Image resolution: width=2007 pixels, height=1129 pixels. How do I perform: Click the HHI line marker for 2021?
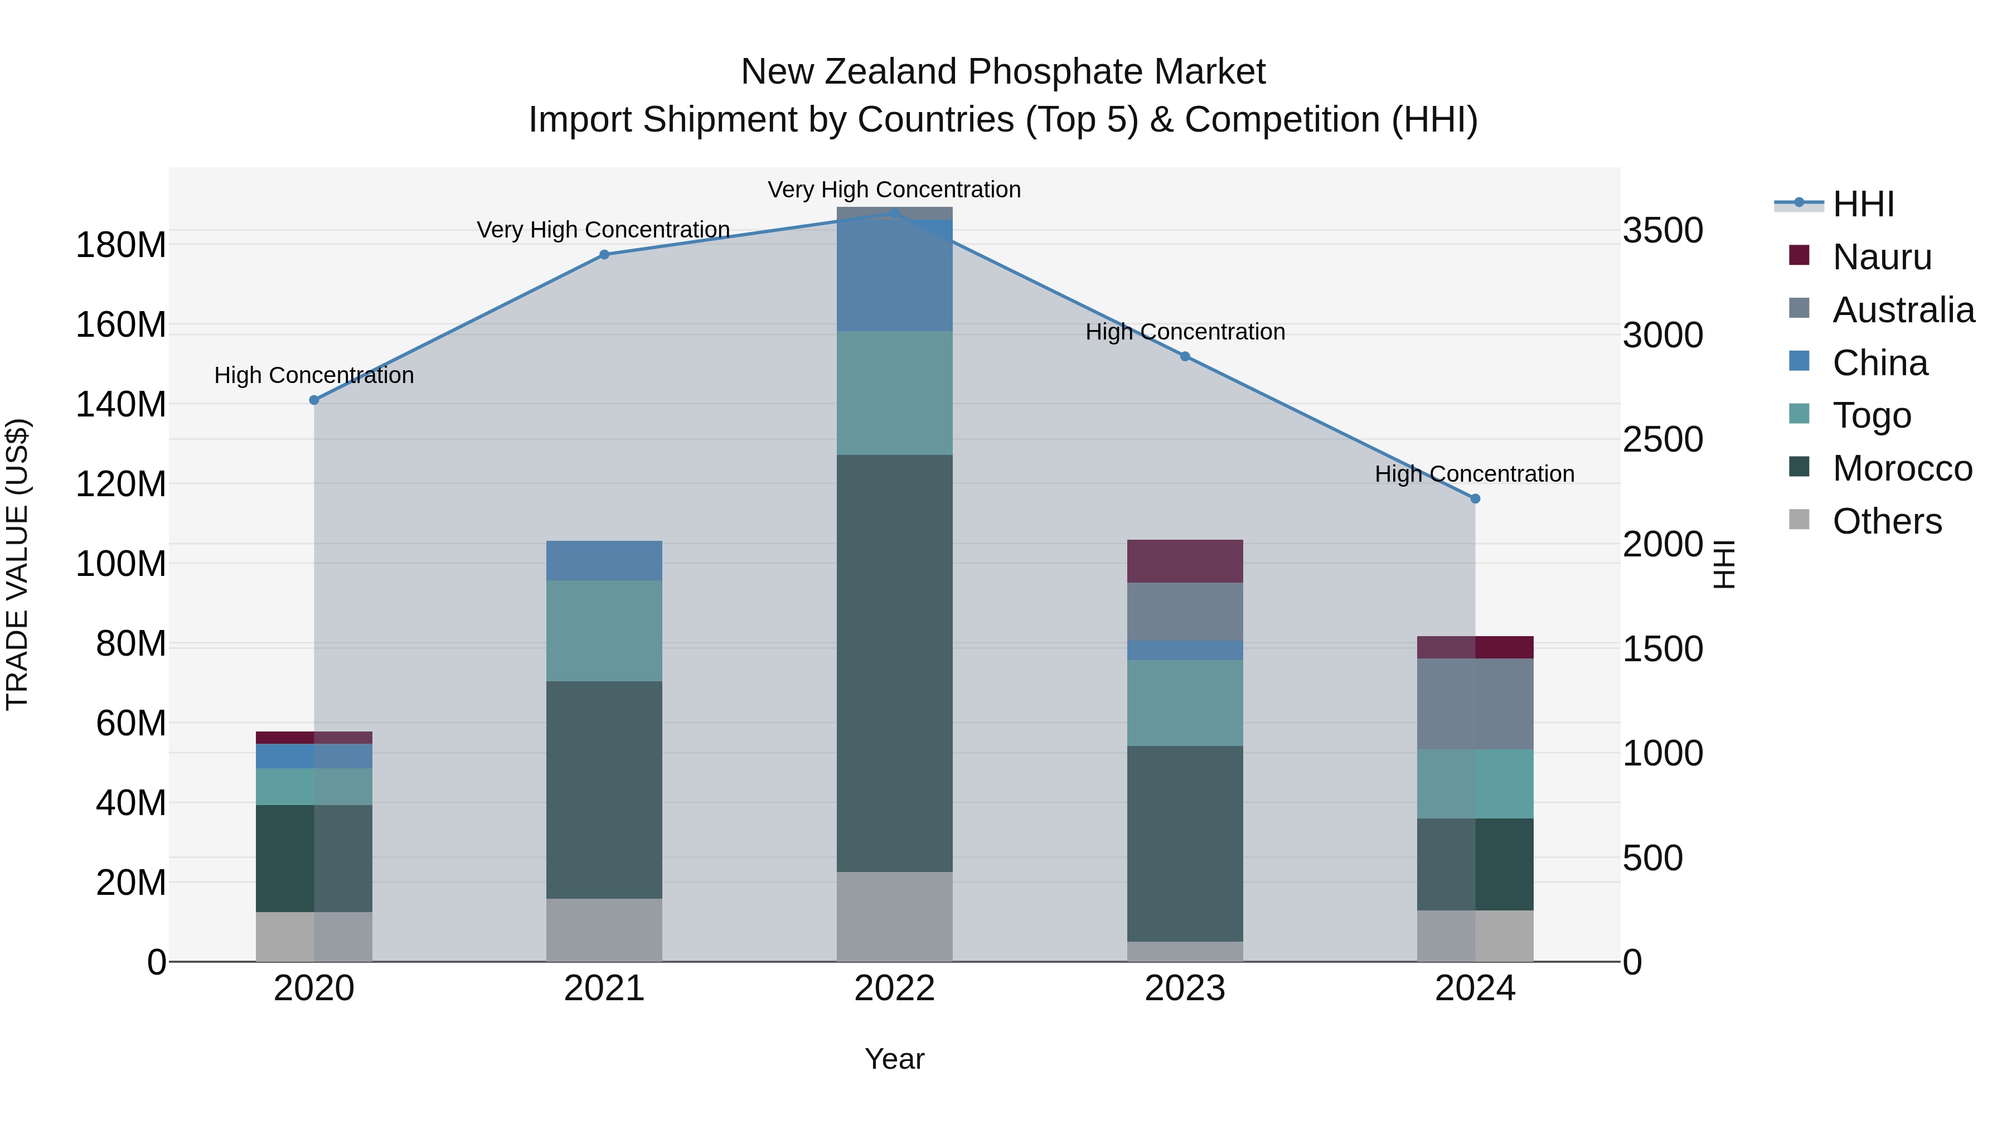(x=604, y=254)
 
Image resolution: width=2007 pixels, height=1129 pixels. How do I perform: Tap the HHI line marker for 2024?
(x=1475, y=498)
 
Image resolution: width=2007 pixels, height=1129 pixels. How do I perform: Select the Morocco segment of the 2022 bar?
(x=894, y=662)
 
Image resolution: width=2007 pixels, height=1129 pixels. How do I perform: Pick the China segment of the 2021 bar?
(x=604, y=560)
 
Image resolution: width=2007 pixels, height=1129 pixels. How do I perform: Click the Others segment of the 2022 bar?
(x=894, y=916)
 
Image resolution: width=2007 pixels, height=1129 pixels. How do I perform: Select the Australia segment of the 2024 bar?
(x=1475, y=704)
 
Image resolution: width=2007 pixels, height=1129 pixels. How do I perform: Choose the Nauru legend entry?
(x=1882, y=257)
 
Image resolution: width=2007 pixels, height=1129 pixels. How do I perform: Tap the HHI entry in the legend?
(x=1862, y=204)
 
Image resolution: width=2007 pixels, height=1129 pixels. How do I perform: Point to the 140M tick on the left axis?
(x=121, y=404)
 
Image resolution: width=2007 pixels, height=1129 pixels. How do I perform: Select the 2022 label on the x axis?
(x=894, y=989)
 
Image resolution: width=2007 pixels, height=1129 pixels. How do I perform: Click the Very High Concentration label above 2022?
(x=894, y=190)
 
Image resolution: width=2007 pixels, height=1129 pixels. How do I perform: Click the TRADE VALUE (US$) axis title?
(x=18, y=564)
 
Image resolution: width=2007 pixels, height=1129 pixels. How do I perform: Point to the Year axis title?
(x=894, y=1059)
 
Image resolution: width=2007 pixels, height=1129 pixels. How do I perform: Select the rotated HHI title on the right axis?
(x=1724, y=564)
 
